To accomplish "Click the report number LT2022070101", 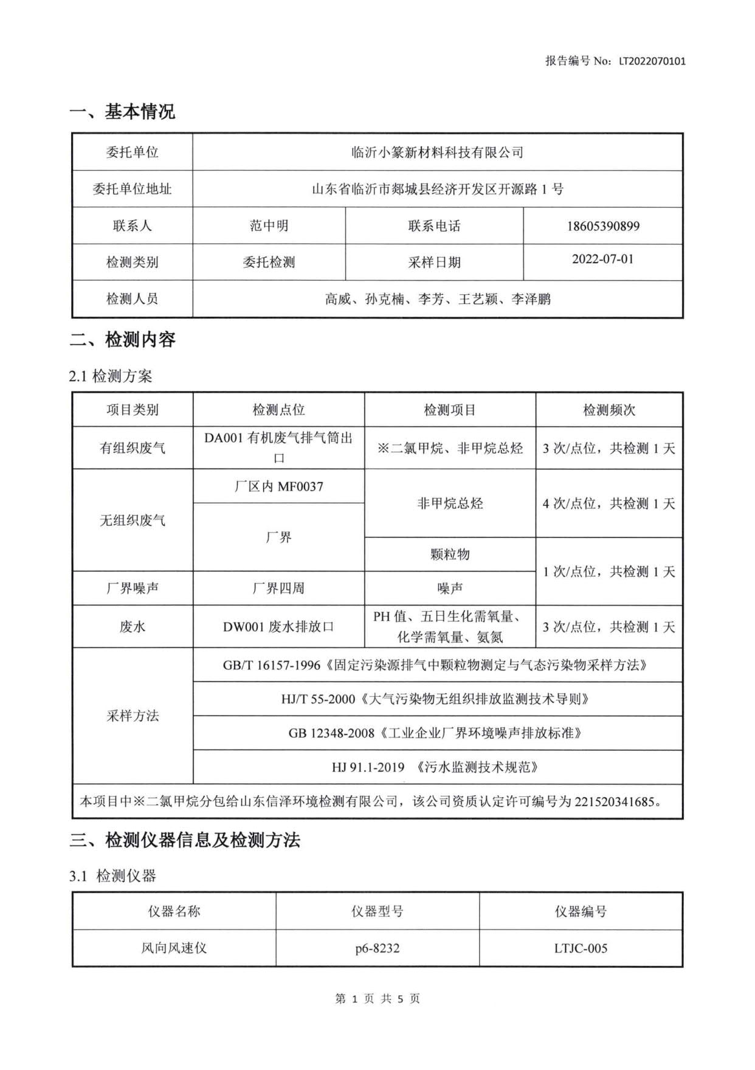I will click(x=652, y=61).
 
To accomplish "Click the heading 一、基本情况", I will click(x=122, y=112).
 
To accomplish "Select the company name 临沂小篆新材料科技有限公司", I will click(x=438, y=153).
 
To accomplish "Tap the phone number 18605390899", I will click(x=603, y=226).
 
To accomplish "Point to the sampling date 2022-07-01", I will click(x=602, y=259).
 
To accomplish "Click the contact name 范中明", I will click(x=269, y=226).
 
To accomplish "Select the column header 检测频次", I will click(x=609, y=410).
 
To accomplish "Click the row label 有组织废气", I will click(x=133, y=449).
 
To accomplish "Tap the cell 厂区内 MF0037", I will click(x=278, y=486).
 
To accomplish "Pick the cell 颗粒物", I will click(x=450, y=554).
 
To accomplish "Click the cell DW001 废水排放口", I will click(x=278, y=627).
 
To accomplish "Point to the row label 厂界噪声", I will click(x=133, y=588).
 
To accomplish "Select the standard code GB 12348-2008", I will click(x=331, y=733).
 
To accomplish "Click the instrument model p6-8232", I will click(x=377, y=948).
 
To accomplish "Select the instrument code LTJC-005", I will click(x=581, y=948).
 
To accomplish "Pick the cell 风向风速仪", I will click(x=174, y=948).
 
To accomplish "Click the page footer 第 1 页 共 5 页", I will click(x=377, y=999).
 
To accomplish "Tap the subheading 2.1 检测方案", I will click(x=111, y=376).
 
